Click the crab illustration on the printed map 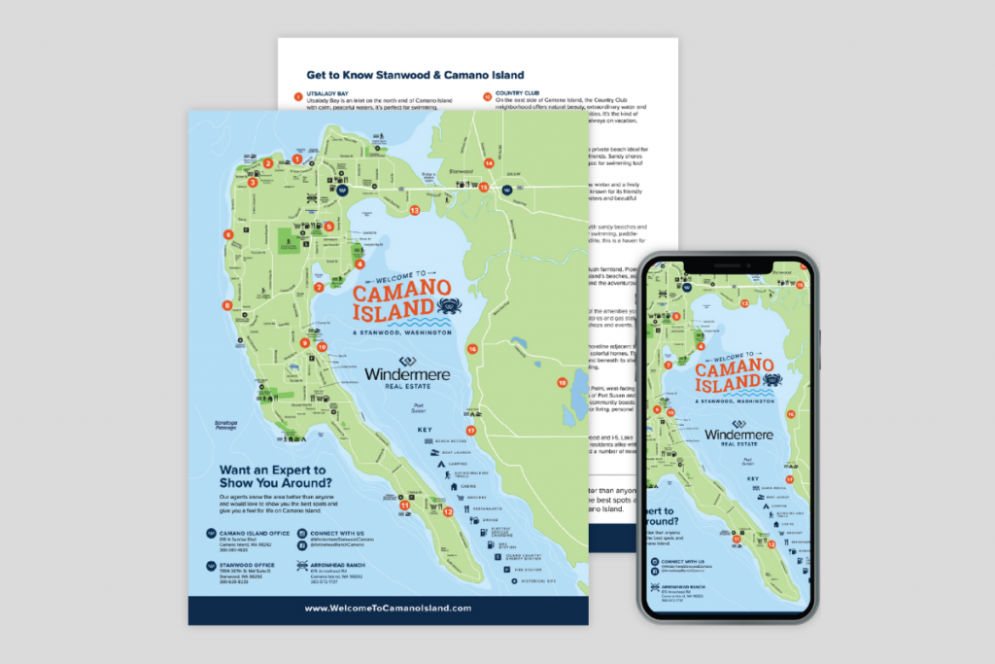(x=450, y=309)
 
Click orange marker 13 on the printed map (x=414, y=209)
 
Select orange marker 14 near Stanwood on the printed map (x=488, y=163)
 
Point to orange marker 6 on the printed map (x=228, y=234)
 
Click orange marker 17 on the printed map (x=471, y=430)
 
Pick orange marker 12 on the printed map (x=448, y=511)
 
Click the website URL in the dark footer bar (x=388, y=608)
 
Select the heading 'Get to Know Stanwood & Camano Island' (x=415, y=75)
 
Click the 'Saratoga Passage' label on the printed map (x=223, y=426)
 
